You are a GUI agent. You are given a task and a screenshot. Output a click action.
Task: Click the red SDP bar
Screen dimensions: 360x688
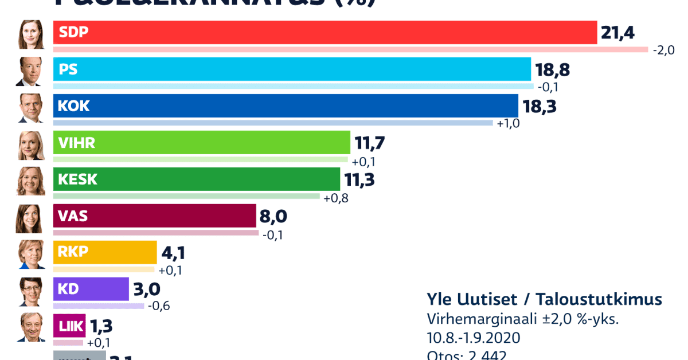[x=325, y=33]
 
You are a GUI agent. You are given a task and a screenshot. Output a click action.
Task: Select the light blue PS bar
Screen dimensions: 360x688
[x=292, y=69]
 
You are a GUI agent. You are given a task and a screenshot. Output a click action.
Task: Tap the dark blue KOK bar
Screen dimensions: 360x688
[x=286, y=106]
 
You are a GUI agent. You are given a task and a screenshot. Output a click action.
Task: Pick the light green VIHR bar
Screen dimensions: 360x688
[x=201, y=143]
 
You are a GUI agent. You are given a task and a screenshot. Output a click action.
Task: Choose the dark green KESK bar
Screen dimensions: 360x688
[x=196, y=179]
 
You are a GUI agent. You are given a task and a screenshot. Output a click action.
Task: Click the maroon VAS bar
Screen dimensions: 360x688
[x=154, y=216]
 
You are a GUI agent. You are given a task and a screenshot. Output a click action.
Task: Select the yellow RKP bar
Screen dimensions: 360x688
[x=104, y=253]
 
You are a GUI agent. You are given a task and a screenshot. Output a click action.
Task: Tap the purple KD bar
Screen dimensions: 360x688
[x=91, y=289]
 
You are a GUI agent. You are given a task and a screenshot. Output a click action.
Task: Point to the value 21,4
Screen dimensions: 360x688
[x=617, y=33]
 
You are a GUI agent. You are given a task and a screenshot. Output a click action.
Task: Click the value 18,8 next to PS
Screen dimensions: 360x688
[x=552, y=70]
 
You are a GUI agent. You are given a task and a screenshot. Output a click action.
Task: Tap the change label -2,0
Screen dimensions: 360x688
[x=664, y=50]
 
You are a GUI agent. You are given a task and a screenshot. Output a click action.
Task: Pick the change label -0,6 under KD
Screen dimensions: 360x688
[x=159, y=306]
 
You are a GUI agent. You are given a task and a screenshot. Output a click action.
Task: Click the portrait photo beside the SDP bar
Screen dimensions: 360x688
[x=30, y=35]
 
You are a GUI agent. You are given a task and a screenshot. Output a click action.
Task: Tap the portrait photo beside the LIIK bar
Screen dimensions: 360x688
[x=30, y=327]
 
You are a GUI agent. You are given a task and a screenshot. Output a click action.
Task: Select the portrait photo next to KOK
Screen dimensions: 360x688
[x=30, y=108]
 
